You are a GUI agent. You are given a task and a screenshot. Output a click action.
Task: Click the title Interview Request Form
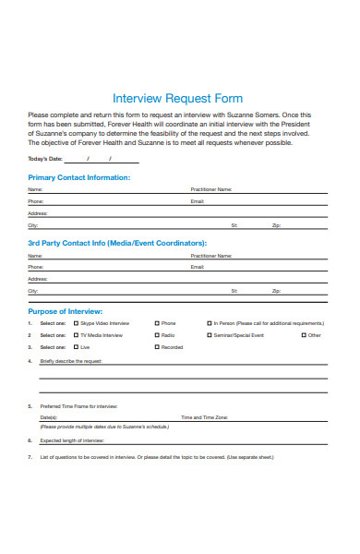(x=177, y=98)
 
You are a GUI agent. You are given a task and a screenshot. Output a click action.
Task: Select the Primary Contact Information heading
(x=78, y=176)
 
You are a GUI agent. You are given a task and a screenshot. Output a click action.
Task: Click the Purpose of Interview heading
(x=66, y=311)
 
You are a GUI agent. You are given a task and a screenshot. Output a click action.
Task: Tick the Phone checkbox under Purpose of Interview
(x=157, y=323)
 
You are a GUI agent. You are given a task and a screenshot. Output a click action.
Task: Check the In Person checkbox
(x=209, y=323)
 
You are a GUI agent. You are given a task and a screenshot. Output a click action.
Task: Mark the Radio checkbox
(x=157, y=335)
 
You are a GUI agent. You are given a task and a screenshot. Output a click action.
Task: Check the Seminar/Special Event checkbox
(x=209, y=335)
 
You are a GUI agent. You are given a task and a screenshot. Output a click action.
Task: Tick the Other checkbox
(x=303, y=335)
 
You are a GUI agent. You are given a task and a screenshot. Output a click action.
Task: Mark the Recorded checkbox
(x=157, y=347)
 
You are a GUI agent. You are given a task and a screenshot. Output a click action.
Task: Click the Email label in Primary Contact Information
(x=197, y=200)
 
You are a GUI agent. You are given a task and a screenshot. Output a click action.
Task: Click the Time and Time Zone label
(x=204, y=417)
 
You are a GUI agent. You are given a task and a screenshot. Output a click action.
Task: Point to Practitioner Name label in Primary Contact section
(x=210, y=188)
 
